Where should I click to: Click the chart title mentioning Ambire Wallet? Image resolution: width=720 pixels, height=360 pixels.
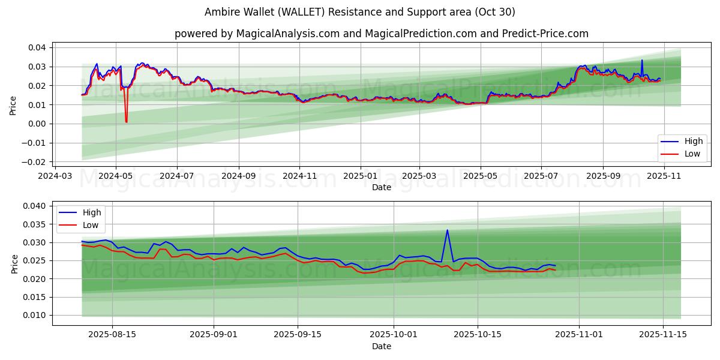(x=360, y=12)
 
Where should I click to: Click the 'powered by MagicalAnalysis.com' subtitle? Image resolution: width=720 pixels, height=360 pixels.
(x=381, y=34)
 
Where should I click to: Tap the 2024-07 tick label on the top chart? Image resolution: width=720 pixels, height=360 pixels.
(x=177, y=176)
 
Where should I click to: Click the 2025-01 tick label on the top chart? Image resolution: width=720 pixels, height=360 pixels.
(x=361, y=176)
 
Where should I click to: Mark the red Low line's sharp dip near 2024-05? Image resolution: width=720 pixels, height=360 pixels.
(x=126, y=122)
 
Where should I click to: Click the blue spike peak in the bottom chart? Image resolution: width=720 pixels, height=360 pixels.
(x=447, y=230)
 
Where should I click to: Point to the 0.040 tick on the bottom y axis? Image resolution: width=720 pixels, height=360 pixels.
(x=35, y=206)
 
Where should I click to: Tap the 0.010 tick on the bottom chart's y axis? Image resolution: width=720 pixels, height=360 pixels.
(x=35, y=316)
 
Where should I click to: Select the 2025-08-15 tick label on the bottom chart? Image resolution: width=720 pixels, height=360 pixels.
(x=112, y=335)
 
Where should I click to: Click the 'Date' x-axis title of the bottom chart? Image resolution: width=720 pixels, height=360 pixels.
(x=381, y=346)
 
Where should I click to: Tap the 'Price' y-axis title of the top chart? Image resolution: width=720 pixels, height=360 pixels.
(x=13, y=105)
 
